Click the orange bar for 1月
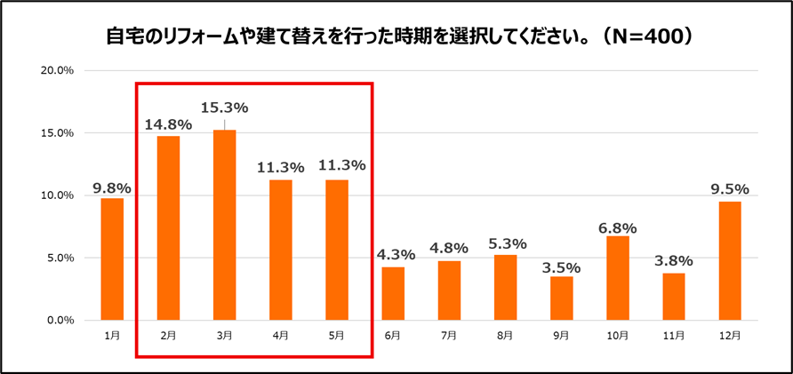112,259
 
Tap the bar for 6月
393,293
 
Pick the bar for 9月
562,298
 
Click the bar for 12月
730,260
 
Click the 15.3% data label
225,108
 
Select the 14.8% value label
168,123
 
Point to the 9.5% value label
730,189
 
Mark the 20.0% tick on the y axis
57,70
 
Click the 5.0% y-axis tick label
60,258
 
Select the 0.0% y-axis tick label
60,320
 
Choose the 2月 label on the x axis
168,335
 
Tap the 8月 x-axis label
505,335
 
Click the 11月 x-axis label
674,335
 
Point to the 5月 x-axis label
337,335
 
